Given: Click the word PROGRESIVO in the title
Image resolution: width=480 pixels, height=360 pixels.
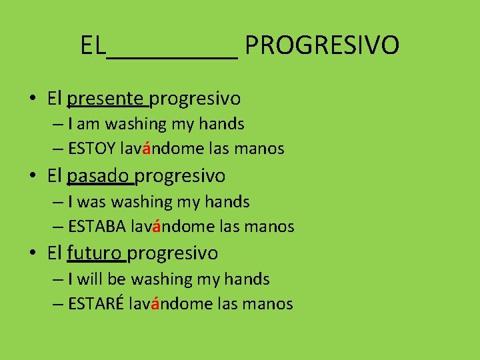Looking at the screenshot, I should [x=322, y=46].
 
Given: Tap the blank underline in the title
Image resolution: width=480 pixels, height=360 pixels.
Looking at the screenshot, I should [x=172, y=56].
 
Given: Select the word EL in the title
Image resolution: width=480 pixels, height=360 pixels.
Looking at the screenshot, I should [x=93, y=46].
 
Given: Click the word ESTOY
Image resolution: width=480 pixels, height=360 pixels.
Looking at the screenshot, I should [x=96, y=149].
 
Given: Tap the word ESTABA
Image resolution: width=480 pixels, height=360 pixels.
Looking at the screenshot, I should [x=97, y=227].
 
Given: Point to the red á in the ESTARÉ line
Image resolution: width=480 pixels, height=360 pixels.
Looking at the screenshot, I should [x=155, y=303].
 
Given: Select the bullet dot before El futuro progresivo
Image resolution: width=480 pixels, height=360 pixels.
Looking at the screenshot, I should [x=33, y=254].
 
